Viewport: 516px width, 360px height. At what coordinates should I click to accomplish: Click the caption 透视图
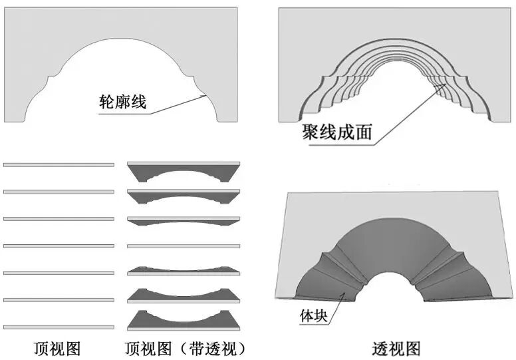point(396,347)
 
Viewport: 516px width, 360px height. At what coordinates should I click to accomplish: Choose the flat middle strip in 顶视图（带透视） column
point(183,246)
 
